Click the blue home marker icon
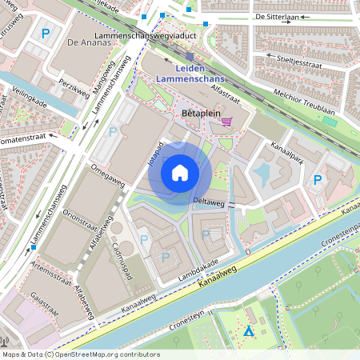point(180,173)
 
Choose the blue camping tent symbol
point(249,330)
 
